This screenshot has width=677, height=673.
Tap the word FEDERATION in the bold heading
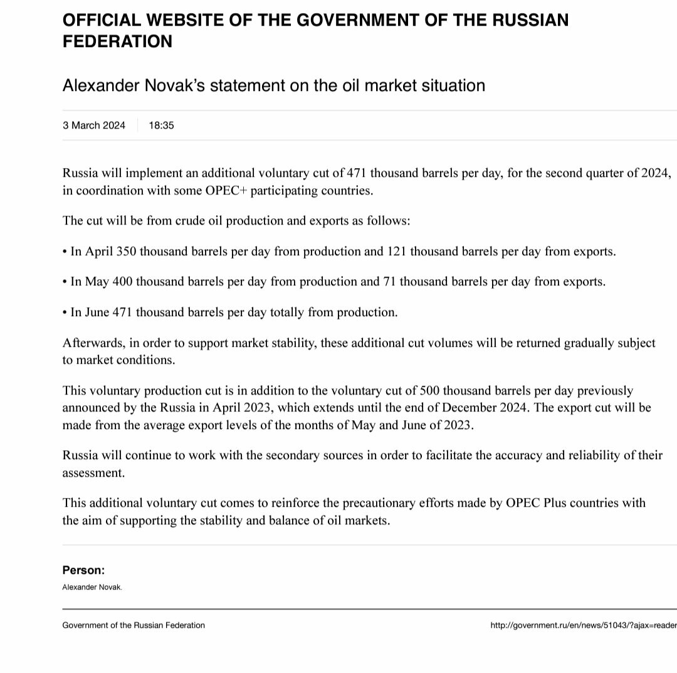pyautogui.click(x=117, y=41)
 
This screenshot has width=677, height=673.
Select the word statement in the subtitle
pyautogui.click(x=247, y=85)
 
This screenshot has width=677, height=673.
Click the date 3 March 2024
pyautogui.click(x=94, y=125)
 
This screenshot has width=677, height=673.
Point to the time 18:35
pyautogui.click(x=161, y=125)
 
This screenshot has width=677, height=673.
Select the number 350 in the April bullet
pyautogui.click(x=125, y=252)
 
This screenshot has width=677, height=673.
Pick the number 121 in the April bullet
pyautogui.click(x=396, y=252)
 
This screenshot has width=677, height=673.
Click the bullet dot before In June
pyautogui.click(x=65, y=312)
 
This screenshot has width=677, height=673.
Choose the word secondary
pyautogui.click(x=297, y=455)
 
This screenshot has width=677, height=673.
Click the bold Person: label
pyautogui.click(x=83, y=570)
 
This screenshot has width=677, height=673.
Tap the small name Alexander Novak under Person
pyautogui.click(x=92, y=588)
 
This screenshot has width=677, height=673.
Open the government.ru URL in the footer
pyautogui.click(x=583, y=625)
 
